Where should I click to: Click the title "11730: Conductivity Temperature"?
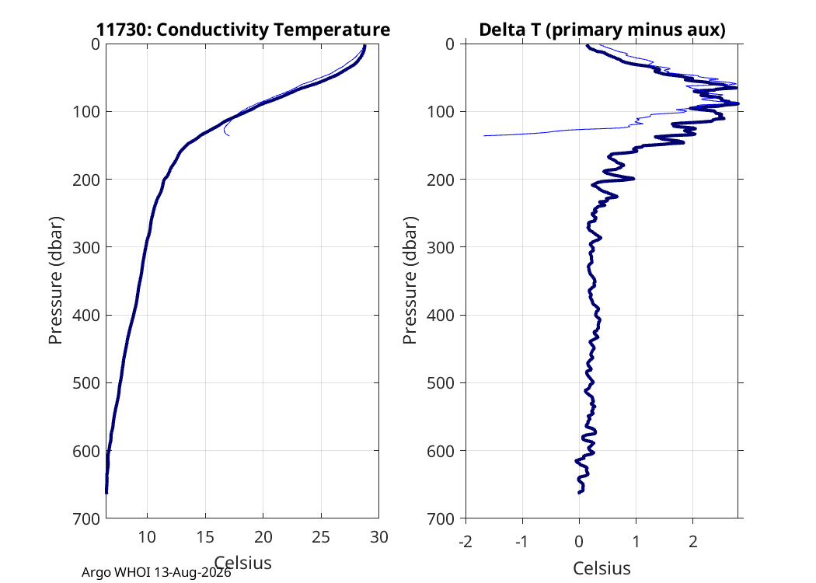point(243,30)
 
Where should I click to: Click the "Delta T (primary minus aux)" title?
point(602,30)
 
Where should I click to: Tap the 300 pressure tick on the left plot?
point(85,247)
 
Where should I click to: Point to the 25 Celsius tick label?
point(321,536)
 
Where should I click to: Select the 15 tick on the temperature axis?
point(205,536)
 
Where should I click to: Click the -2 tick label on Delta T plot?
point(466,542)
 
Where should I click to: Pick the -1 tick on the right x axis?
point(522,542)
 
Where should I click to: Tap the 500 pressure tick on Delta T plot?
point(441,383)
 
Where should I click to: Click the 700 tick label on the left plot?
point(85,518)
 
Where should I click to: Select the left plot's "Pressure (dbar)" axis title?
point(55,280)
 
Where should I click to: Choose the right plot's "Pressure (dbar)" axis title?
point(410,280)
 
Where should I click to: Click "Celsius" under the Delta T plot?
point(602,568)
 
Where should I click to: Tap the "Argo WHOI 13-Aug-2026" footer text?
point(156,573)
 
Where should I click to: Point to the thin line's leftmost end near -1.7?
point(484,136)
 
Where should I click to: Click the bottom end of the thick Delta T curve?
point(580,492)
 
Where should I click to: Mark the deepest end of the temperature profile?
point(106,492)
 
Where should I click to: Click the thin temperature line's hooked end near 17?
point(228,135)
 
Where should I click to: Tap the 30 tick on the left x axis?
point(379,536)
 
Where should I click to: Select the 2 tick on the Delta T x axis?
point(692,542)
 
